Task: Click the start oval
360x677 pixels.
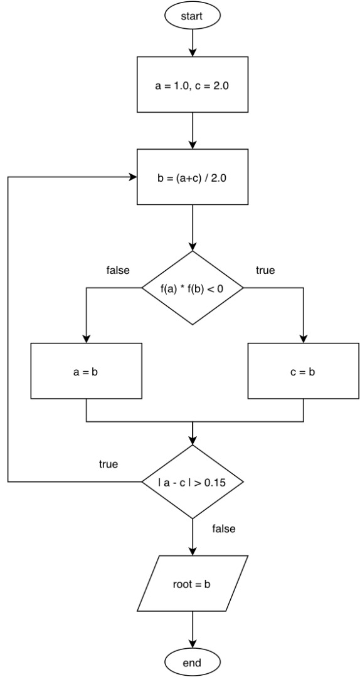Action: tap(192, 16)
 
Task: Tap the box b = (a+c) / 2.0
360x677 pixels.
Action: tap(192, 177)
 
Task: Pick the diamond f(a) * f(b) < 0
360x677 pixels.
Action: tap(192, 288)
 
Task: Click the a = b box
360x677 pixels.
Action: tap(85, 371)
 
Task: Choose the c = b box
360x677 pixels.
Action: tap(303, 371)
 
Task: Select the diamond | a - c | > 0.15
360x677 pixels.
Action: tap(192, 482)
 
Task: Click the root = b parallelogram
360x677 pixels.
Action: tap(192, 584)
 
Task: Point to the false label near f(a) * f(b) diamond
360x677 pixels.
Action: tap(118, 271)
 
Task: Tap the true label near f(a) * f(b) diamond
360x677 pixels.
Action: tap(265, 271)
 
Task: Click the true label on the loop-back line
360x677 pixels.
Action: tap(109, 464)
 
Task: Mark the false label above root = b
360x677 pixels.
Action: tap(224, 529)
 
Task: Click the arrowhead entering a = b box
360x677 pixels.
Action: tap(85, 338)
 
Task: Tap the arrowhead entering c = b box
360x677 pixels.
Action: tap(303, 338)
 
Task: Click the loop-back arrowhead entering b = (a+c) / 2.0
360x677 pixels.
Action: tap(133, 177)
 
